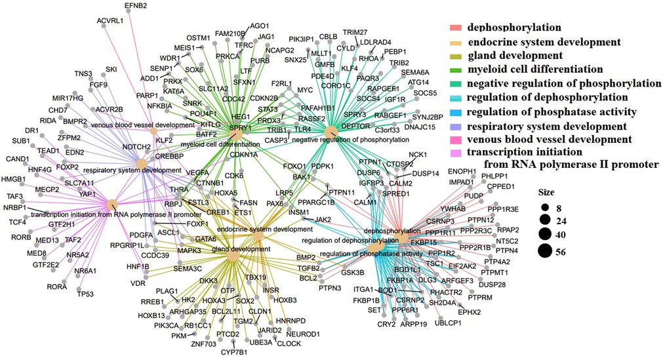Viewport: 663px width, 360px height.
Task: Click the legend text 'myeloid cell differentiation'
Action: tap(534, 69)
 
